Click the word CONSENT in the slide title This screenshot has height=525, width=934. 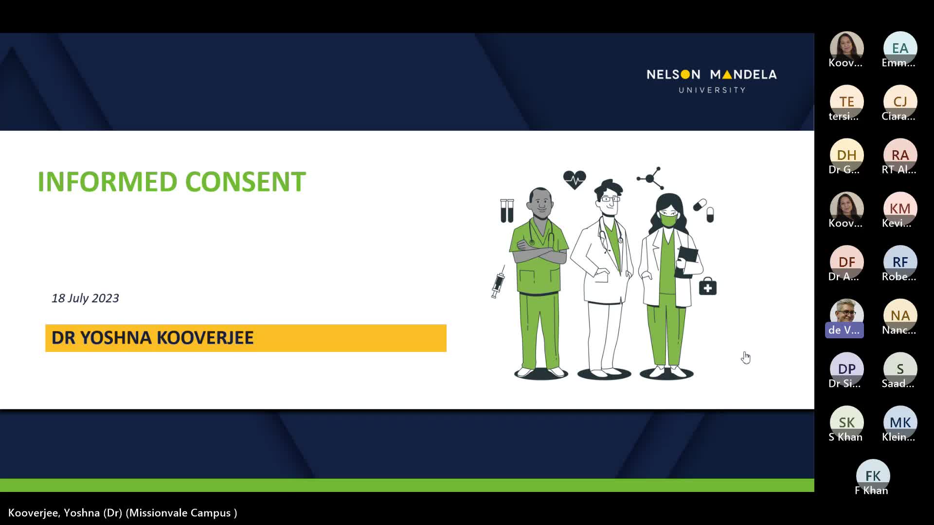pos(245,182)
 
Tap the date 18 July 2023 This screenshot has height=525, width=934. pos(85,298)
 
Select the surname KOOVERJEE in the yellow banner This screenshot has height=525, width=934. pos(205,338)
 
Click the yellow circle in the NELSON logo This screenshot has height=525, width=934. pos(685,74)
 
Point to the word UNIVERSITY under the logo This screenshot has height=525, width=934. pos(712,90)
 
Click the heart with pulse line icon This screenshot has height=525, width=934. pos(575,180)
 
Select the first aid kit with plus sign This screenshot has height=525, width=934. pos(708,287)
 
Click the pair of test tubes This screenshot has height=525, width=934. pos(507,210)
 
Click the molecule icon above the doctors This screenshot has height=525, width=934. pos(650,178)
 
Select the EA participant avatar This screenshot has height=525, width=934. pos(900,48)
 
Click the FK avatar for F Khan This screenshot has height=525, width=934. pos(873,476)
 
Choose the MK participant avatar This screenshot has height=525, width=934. pos(900,422)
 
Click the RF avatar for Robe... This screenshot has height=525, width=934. pos(900,262)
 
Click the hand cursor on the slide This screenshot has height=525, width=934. pos(746,357)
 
